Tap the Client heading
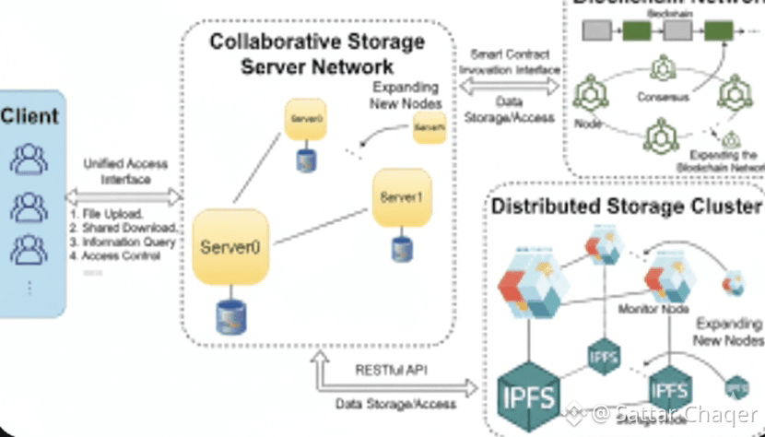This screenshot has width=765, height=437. (x=29, y=116)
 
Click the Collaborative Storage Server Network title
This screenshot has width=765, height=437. (x=317, y=54)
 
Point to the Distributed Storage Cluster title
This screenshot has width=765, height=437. (x=627, y=206)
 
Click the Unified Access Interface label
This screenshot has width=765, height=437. (x=125, y=171)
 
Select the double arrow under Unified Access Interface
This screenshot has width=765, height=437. (x=123, y=196)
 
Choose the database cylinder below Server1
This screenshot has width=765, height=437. (x=400, y=249)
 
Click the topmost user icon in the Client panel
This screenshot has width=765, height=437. (x=29, y=159)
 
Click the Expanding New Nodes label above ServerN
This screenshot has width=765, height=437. (x=406, y=94)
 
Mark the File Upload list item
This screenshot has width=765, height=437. (x=105, y=214)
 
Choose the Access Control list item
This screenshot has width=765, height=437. (x=114, y=255)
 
